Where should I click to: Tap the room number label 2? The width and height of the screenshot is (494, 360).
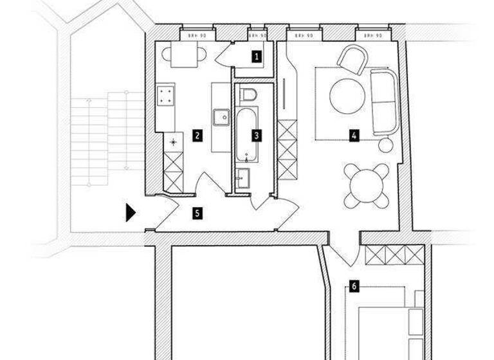[197, 136]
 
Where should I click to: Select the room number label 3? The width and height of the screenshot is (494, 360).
[257, 136]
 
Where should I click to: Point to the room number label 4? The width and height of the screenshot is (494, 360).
[353, 136]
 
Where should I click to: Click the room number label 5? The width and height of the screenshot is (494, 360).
[197, 213]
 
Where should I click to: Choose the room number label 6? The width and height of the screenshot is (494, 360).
[353, 285]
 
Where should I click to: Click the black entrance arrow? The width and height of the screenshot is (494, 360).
[131, 213]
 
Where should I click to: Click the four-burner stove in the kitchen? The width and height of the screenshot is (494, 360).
[166, 96]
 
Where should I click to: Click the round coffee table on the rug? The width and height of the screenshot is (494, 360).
[347, 96]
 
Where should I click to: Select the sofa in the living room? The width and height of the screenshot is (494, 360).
[384, 102]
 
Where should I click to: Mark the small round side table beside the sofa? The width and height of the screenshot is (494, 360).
[385, 145]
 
